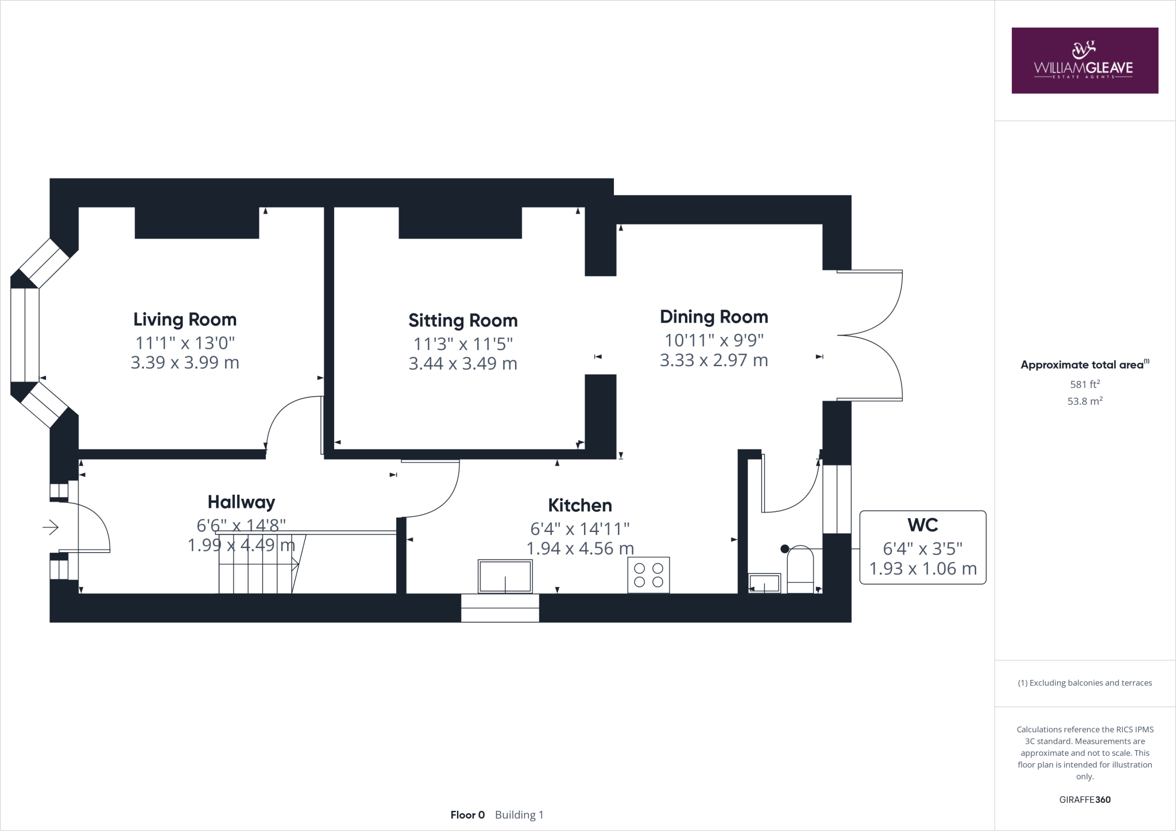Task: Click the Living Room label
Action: pos(185,320)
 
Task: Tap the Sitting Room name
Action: pos(463,321)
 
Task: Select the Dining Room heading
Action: pos(714,317)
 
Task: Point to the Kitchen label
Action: pos(580,506)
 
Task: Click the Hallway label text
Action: pos(241,502)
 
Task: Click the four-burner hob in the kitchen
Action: pos(648,575)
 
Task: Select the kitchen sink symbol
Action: pos(505,576)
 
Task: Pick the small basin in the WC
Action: pos(764,583)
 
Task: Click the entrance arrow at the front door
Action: pos(51,527)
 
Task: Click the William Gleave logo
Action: pos(1085,60)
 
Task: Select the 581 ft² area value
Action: pos(1085,385)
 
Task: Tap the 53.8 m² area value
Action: pos(1085,401)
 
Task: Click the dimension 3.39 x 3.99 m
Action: pos(185,363)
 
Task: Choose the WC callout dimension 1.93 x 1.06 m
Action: pos(923,569)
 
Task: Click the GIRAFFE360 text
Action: pos(1085,799)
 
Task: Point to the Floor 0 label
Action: pos(467,815)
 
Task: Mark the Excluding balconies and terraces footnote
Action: pos(1085,683)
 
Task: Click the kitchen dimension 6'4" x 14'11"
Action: pos(580,529)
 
